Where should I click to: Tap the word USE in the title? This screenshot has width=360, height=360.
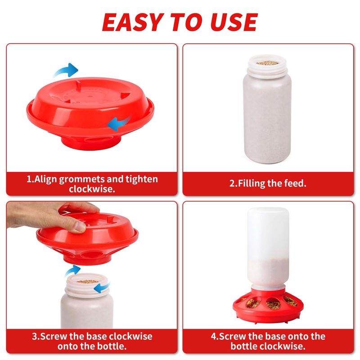pyautogui.click(x=234, y=22)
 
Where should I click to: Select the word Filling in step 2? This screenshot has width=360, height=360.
pyautogui.click(x=251, y=184)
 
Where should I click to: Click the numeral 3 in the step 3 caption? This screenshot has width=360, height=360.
pyautogui.click(x=35, y=336)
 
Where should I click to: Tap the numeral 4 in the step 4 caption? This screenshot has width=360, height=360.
pyautogui.click(x=214, y=336)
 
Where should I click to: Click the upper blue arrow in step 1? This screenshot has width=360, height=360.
pyautogui.click(x=66, y=70)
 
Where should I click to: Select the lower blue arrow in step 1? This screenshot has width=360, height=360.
pyautogui.click(x=119, y=123)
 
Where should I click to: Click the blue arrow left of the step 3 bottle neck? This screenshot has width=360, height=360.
pyautogui.click(x=72, y=271)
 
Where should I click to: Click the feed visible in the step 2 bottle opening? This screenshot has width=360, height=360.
pyautogui.click(x=267, y=63)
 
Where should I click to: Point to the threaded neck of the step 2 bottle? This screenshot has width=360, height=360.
pyautogui.click(x=267, y=69)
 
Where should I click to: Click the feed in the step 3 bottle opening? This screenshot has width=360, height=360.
pyautogui.click(x=87, y=281)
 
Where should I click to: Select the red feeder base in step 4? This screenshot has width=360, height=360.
pyautogui.click(x=268, y=306)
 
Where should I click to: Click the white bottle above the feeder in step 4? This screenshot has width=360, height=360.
pyautogui.click(x=268, y=248)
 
